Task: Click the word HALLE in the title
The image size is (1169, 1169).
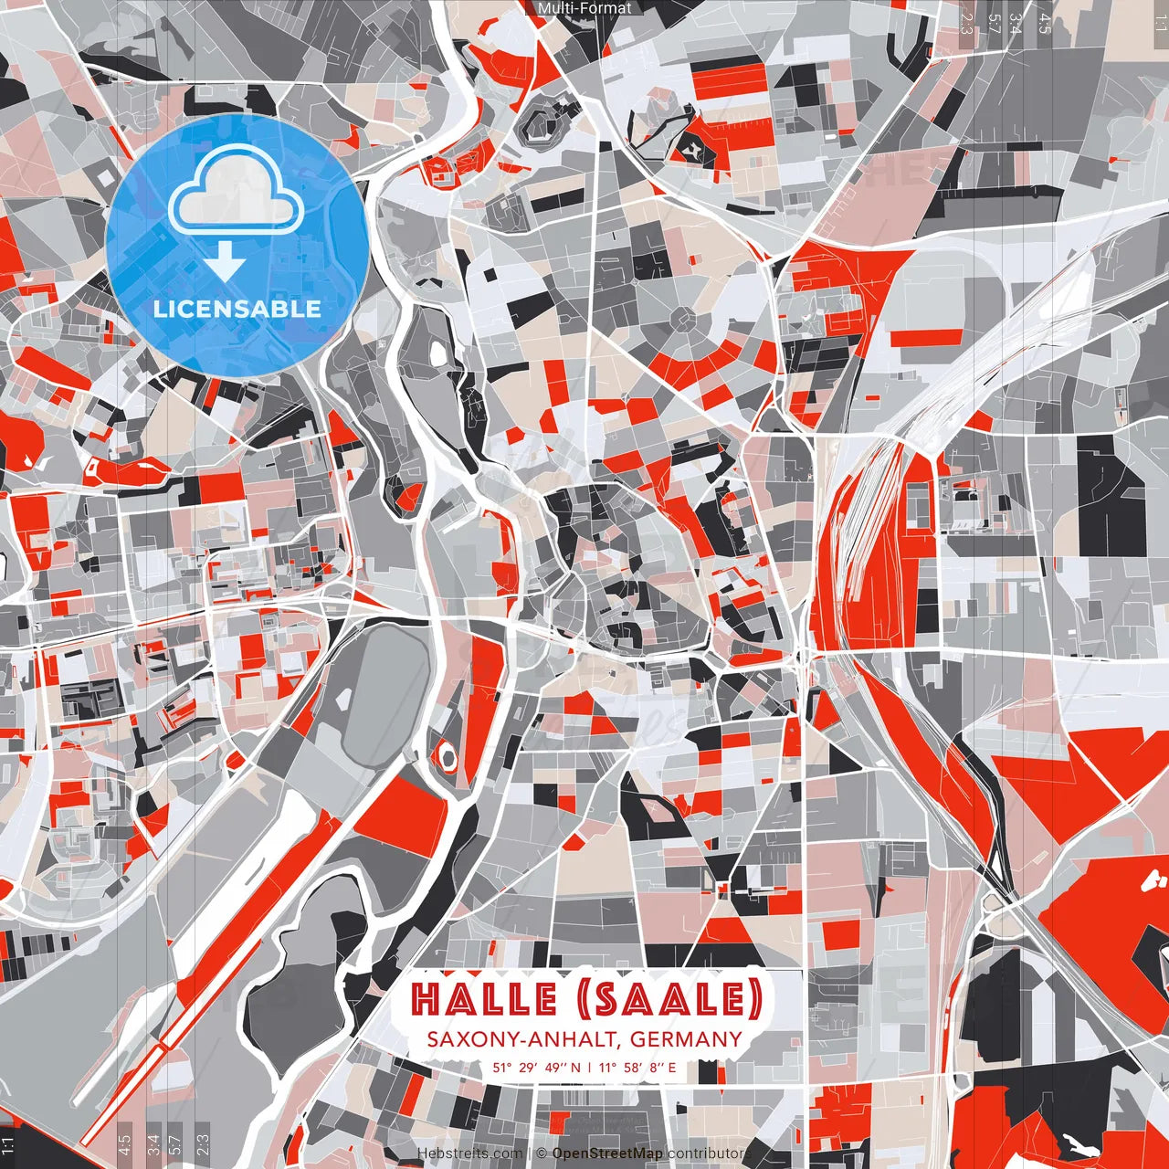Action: (483, 999)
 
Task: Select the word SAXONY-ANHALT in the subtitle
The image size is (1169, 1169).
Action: (523, 1039)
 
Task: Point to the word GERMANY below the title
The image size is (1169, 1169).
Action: (686, 1039)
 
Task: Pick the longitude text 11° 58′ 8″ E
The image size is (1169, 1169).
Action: (637, 1067)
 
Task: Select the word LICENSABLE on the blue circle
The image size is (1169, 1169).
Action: (237, 309)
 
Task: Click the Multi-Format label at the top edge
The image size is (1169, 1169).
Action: (584, 8)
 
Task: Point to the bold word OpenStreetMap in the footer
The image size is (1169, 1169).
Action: (607, 1154)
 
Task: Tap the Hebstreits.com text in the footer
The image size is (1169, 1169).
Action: (470, 1154)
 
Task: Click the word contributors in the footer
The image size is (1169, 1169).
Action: (710, 1154)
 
